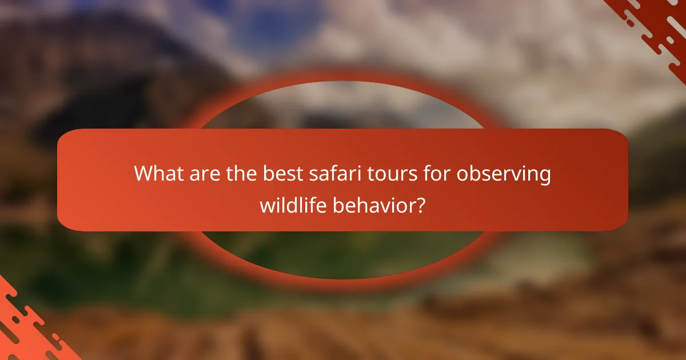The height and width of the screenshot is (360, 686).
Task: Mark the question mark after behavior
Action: [x=420, y=205]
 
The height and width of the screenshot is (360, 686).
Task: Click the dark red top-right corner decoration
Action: [x=657, y=23]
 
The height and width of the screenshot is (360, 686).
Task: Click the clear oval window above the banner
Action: [x=343, y=106]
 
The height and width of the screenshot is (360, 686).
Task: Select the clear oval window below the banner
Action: [x=343, y=254]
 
